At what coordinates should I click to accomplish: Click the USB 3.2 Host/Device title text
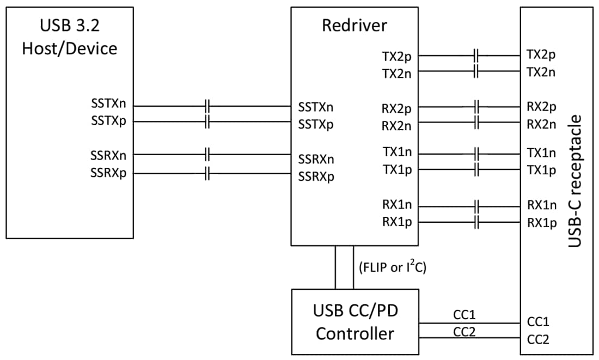(x=69, y=36)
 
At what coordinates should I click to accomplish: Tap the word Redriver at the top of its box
(x=354, y=25)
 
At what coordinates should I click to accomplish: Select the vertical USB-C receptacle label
(x=575, y=180)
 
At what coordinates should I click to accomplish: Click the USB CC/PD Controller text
(x=355, y=322)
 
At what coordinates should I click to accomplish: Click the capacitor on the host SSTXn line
(x=207, y=106)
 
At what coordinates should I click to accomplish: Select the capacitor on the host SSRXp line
(x=207, y=174)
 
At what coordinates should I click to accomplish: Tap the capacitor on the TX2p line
(x=476, y=55)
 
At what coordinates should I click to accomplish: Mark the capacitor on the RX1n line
(x=476, y=207)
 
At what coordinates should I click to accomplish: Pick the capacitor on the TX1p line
(x=476, y=169)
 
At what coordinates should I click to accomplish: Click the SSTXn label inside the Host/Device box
(x=108, y=103)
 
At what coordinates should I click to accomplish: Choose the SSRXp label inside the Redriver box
(x=316, y=177)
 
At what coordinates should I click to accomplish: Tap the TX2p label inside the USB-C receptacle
(x=541, y=55)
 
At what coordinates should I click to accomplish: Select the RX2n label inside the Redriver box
(x=396, y=126)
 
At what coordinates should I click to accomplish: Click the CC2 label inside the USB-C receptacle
(x=538, y=339)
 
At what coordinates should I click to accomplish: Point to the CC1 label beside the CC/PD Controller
(x=464, y=315)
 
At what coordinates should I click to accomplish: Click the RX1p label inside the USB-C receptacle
(x=542, y=222)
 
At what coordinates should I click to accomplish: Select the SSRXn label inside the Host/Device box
(x=108, y=155)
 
